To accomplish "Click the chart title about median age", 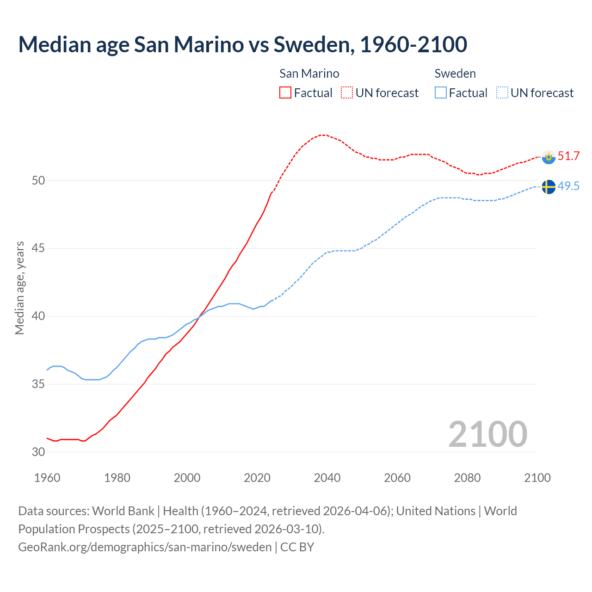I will point(242,44).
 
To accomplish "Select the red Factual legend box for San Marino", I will point(285,92).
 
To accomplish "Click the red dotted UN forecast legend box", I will point(347,92).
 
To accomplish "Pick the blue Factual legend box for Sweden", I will point(441,92).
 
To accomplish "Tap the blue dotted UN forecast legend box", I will point(502,92).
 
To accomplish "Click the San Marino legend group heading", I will point(309,74).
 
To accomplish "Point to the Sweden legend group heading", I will point(455,74).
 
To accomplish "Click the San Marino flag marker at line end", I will point(549,157).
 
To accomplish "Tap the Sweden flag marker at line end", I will point(549,187).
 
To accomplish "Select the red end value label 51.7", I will point(568,156).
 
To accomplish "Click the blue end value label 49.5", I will point(568,186).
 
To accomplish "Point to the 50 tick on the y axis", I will point(38,180).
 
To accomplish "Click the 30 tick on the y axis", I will point(38,452).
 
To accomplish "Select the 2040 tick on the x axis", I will point(327,478).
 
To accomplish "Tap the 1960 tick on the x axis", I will point(47,478).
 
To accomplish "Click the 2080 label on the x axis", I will point(467,478).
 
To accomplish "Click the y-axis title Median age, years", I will point(19,288).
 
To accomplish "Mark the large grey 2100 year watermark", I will point(487,434).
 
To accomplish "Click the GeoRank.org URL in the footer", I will point(145,547).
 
